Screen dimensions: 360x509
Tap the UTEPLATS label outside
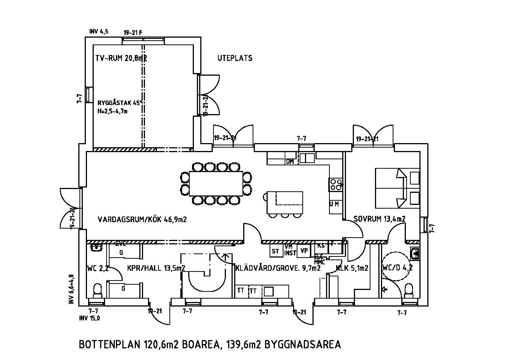[x=235, y=58]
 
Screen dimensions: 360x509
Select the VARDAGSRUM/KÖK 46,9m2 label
[x=142, y=219]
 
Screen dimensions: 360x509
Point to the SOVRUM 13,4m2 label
[x=379, y=219]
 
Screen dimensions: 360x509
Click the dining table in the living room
[x=216, y=183]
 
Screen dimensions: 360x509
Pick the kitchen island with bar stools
[x=285, y=202]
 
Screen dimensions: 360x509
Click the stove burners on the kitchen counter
[x=336, y=184]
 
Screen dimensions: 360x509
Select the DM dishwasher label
[x=290, y=162]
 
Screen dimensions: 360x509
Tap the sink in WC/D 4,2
[x=415, y=253]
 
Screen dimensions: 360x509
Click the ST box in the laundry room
[x=276, y=251]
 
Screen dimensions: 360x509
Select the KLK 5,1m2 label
[x=352, y=268]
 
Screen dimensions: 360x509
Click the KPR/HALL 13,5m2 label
[x=155, y=268]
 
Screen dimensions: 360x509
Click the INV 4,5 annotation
[x=99, y=32]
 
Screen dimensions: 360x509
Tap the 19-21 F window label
[x=133, y=32]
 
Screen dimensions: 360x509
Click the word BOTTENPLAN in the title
[x=110, y=345]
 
